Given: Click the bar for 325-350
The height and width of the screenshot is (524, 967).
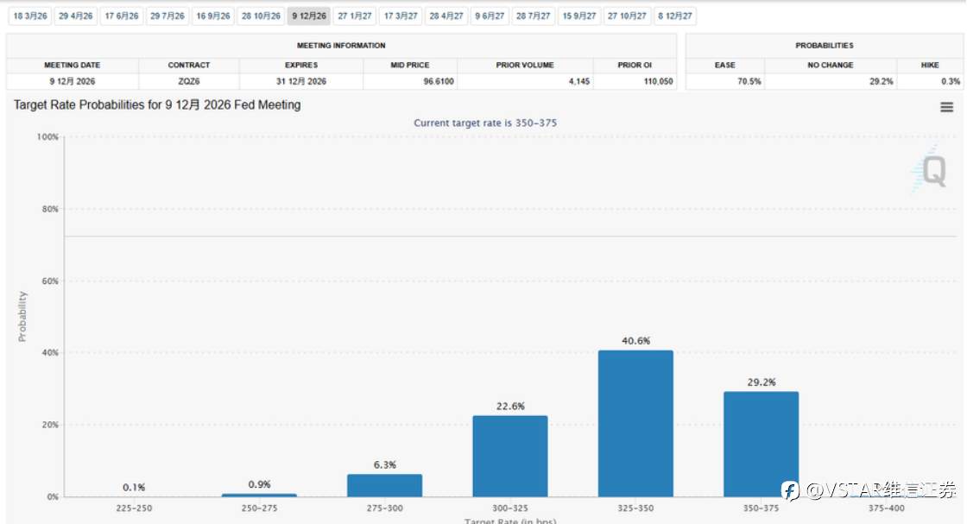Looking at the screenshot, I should (x=635, y=423).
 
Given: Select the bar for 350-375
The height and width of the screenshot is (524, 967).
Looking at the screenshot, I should (x=761, y=444).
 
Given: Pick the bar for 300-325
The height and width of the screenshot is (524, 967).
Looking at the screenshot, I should (x=509, y=456).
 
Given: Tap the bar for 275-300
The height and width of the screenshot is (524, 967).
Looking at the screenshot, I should (x=384, y=485).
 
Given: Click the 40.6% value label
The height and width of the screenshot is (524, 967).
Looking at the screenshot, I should (x=635, y=341).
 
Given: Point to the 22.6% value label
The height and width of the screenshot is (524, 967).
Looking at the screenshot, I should (x=509, y=407).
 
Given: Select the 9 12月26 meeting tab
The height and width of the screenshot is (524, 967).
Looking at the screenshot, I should (x=308, y=16).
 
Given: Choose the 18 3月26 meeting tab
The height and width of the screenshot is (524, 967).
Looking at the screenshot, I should (x=29, y=16).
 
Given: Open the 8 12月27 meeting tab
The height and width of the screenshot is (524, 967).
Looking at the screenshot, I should (x=675, y=16).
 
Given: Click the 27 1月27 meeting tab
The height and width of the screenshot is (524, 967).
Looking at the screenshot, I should (x=355, y=16).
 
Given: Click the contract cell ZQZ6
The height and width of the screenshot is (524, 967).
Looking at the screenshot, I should (x=189, y=82).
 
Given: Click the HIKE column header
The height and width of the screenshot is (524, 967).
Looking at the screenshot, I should (x=930, y=65).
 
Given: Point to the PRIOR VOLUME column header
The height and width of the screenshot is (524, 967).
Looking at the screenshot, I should (x=525, y=65).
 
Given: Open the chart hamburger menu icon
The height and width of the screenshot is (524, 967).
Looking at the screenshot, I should (x=947, y=107).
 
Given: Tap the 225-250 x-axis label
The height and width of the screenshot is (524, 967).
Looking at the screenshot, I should (x=134, y=509).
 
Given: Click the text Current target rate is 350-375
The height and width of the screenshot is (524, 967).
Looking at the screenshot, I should (x=485, y=123).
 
